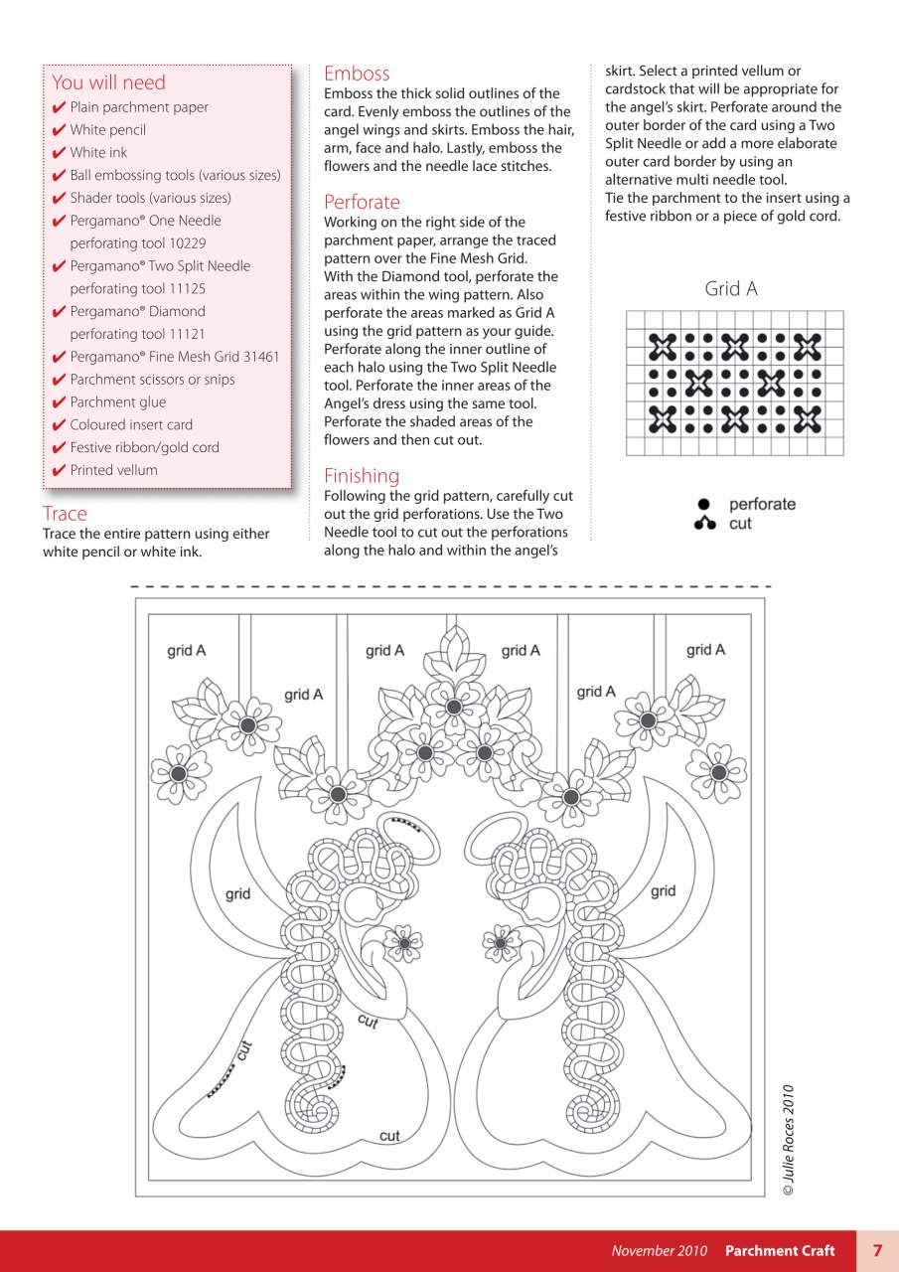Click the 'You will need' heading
[108, 82]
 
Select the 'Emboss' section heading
[357, 73]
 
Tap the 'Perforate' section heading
[362, 202]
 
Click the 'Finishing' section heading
[362, 476]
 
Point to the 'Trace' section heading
[65, 514]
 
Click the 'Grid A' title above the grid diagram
[731, 289]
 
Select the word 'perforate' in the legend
[762, 504]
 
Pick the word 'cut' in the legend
[740, 524]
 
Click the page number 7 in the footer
[877, 1250]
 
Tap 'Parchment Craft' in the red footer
[780, 1250]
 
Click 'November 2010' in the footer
[659, 1250]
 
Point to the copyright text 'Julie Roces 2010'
[788, 1139]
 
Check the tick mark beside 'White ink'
[59, 153]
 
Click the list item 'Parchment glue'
[117, 402]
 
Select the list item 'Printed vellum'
[113, 470]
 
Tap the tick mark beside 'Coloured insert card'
[59, 425]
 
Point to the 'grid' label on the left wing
[237, 893]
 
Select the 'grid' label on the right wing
[664, 890]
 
